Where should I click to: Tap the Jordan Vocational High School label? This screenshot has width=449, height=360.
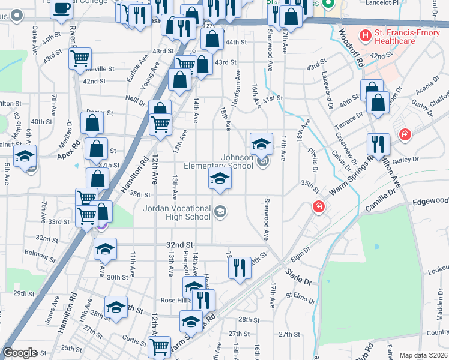tap(177, 212)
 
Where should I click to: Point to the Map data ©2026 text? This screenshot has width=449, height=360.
tap(424, 355)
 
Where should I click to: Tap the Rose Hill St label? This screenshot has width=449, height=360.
tap(175, 301)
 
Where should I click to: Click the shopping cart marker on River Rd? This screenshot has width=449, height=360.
tap(80, 58)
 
